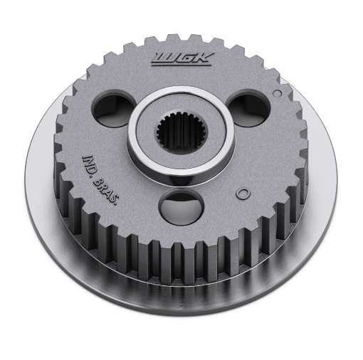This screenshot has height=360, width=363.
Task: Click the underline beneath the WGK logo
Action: [181, 63]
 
